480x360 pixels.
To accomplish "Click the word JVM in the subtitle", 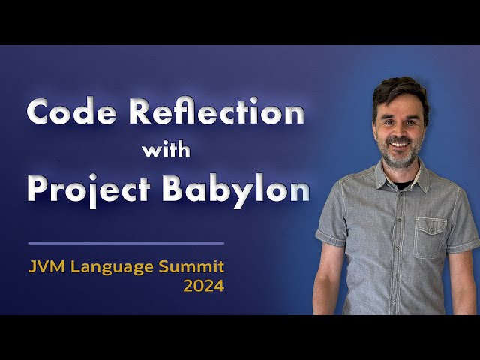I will [x=44, y=266].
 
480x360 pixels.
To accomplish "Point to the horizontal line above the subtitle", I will [x=126, y=243].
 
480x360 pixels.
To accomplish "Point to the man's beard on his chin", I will [x=399, y=158].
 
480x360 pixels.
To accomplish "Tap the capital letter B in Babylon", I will [x=176, y=190].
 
